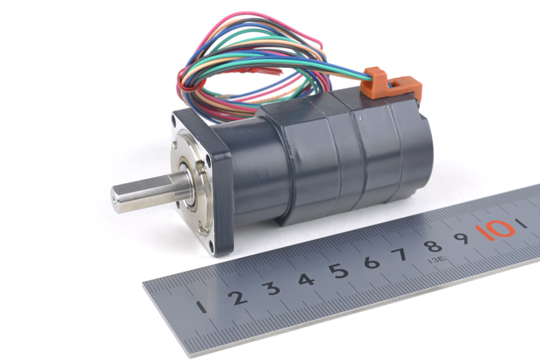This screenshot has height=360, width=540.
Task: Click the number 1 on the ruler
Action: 201,307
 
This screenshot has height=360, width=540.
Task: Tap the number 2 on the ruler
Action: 237,298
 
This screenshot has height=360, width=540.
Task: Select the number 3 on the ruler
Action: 272,288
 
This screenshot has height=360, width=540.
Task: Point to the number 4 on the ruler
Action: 306,279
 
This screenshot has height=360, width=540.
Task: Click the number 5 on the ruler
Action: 339,271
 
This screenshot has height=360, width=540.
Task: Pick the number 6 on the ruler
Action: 371,262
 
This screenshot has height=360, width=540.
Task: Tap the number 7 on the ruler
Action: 400,254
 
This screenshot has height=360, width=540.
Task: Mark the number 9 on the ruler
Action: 461,238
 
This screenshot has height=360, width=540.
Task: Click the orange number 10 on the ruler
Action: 495,230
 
